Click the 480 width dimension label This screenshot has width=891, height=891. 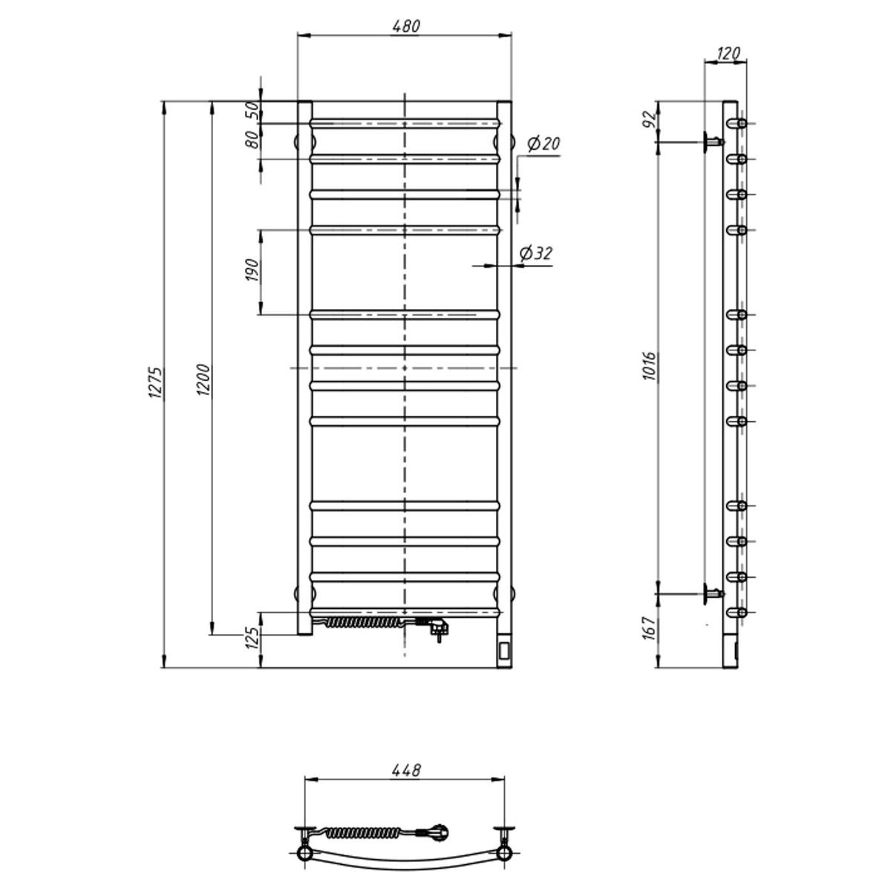(406, 26)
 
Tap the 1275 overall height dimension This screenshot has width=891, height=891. (155, 383)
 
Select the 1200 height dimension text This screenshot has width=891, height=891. (203, 380)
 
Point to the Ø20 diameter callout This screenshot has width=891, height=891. (544, 144)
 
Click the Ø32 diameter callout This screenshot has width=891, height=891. (536, 253)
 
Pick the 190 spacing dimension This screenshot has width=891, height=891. (253, 271)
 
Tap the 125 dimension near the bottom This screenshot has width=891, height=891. (253, 638)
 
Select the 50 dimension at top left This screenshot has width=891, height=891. (253, 111)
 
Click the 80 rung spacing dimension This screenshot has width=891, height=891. (253, 140)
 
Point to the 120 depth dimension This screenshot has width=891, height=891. (728, 53)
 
